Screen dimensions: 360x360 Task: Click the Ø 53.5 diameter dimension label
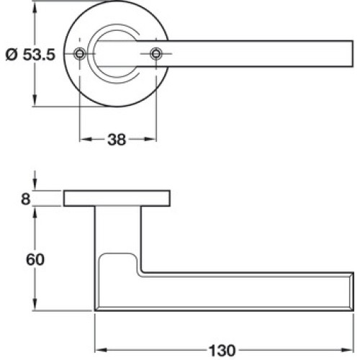[x=30, y=55]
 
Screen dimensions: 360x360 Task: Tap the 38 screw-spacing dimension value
[x=117, y=140]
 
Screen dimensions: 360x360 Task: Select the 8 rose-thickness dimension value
[x=26, y=199]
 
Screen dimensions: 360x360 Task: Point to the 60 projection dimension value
[x=35, y=260]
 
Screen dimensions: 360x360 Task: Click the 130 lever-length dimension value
[x=222, y=351]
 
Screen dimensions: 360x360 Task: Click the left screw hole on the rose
[x=80, y=53]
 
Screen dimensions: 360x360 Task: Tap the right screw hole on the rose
[x=156, y=53]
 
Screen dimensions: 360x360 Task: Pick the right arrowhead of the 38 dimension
[x=150, y=139]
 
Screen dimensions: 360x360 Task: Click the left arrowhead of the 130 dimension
[x=101, y=350]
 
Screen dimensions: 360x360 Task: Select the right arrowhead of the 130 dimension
[x=348, y=350]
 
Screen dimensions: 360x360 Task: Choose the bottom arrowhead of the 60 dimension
[x=35, y=305]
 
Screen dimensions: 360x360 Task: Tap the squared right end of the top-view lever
[x=352, y=53]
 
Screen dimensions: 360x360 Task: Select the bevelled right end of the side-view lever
[x=351, y=292]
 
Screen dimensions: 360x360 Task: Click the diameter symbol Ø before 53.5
[x=12, y=55]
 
